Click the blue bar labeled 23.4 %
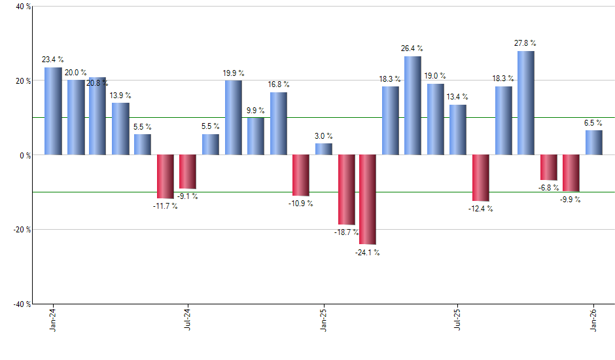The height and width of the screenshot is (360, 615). click(53, 111)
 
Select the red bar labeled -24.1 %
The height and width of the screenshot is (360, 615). click(368, 200)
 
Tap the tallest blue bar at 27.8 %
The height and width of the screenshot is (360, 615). click(525, 103)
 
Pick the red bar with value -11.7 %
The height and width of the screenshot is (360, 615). click(166, 177)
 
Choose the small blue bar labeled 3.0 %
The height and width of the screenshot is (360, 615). click(323, 149)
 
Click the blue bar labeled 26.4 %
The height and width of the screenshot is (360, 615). click(413, 105)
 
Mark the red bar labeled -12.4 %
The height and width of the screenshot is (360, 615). click(480, 178)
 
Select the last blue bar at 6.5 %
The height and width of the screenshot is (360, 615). click(593, 143)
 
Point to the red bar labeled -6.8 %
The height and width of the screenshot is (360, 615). click(548, 168)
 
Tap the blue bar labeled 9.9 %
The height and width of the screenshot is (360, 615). click(256, 136)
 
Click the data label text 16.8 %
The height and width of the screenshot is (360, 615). click(278, 84)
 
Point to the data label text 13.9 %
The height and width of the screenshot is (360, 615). click(120, 95)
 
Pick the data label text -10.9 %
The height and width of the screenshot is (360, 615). click(300, 204)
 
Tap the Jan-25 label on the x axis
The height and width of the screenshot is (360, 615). click(323, 320)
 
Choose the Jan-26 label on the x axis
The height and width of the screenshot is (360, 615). click(593, 320)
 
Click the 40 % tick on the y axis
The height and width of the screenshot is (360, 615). click(23, 7)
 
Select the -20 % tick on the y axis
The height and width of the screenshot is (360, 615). click(22, 230)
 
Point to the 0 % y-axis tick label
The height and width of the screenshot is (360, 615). click(25, 156)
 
